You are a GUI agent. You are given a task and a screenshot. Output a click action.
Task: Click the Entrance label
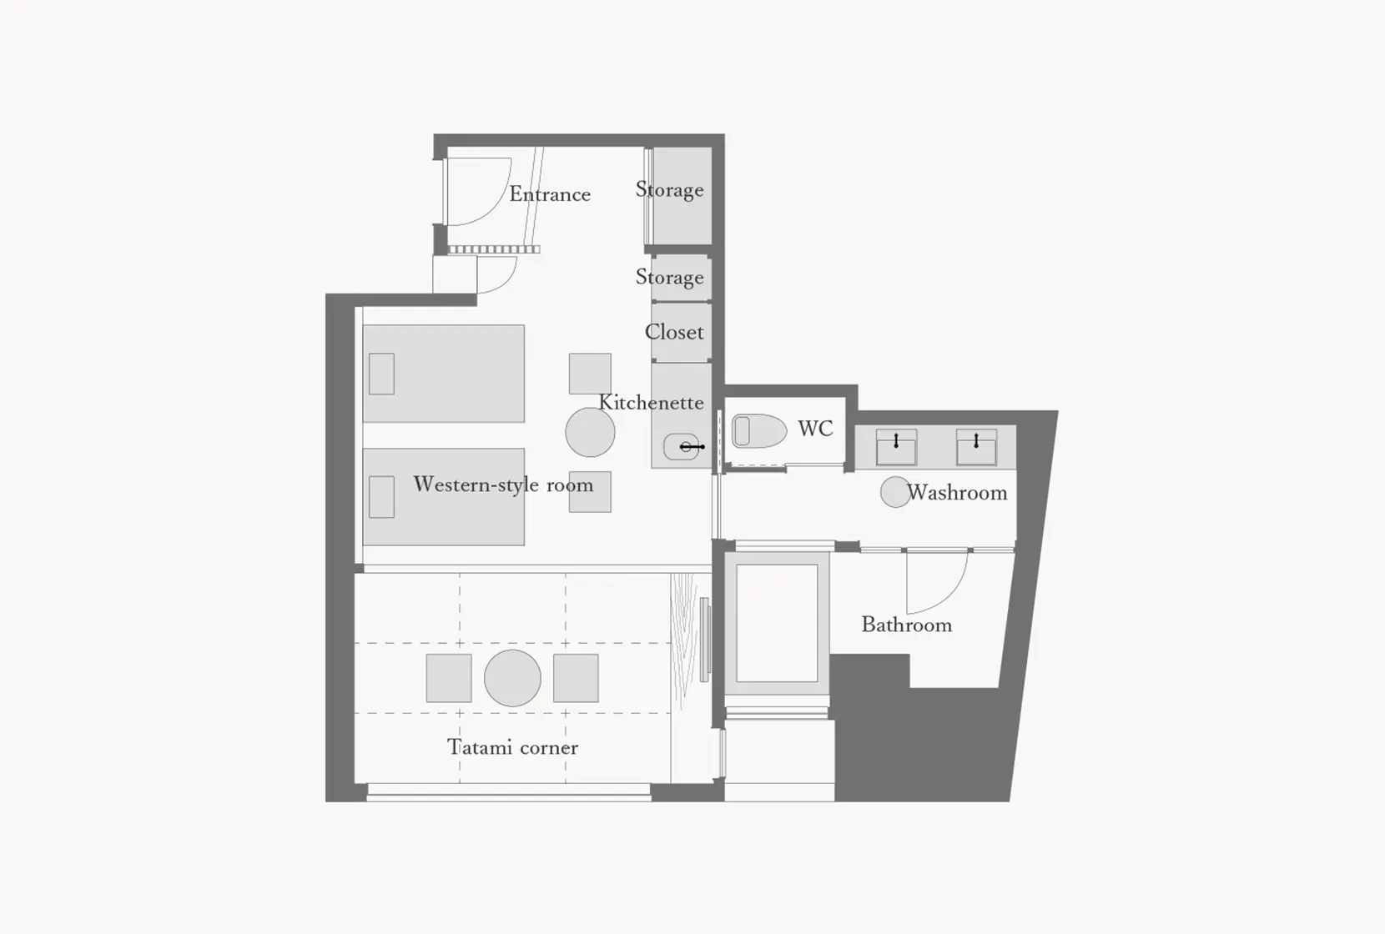(x=550, y=194)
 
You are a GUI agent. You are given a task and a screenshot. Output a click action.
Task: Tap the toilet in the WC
(x=759, y=431)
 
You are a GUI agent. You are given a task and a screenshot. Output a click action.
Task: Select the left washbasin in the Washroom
(x=896, y=447)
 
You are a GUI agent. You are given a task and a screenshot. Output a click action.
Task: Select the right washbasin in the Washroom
(x=975, y=447)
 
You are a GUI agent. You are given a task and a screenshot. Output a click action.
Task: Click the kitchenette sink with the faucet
(x=682, y=447)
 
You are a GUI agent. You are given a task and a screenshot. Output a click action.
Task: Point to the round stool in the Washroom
(x=894, y=492)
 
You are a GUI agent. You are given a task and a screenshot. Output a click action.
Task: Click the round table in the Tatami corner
(x=512, y=678)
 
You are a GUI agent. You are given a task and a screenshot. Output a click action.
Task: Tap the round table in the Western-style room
(x=590, y=432)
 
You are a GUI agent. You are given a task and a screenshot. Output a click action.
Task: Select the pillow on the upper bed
(x=381, y=374)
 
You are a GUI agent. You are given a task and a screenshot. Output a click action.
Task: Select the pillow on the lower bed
(x=381, y=497)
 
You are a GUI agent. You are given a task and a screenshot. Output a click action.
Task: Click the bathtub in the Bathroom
(x=777, y=623)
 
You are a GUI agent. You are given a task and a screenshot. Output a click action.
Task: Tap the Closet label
(x=674, y=332)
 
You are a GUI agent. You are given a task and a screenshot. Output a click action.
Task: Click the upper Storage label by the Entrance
(x=669, y=190)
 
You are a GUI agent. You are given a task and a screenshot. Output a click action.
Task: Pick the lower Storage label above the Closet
(x=669, y=277)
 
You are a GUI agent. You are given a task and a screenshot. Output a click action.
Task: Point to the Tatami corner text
(x=512, y=747)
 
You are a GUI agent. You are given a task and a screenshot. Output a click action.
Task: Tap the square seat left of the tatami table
(x=449, y=678)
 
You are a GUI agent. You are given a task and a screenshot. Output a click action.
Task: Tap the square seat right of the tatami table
(x=576, y=678)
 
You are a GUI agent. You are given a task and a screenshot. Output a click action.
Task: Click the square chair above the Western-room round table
(x=590, y=373)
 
